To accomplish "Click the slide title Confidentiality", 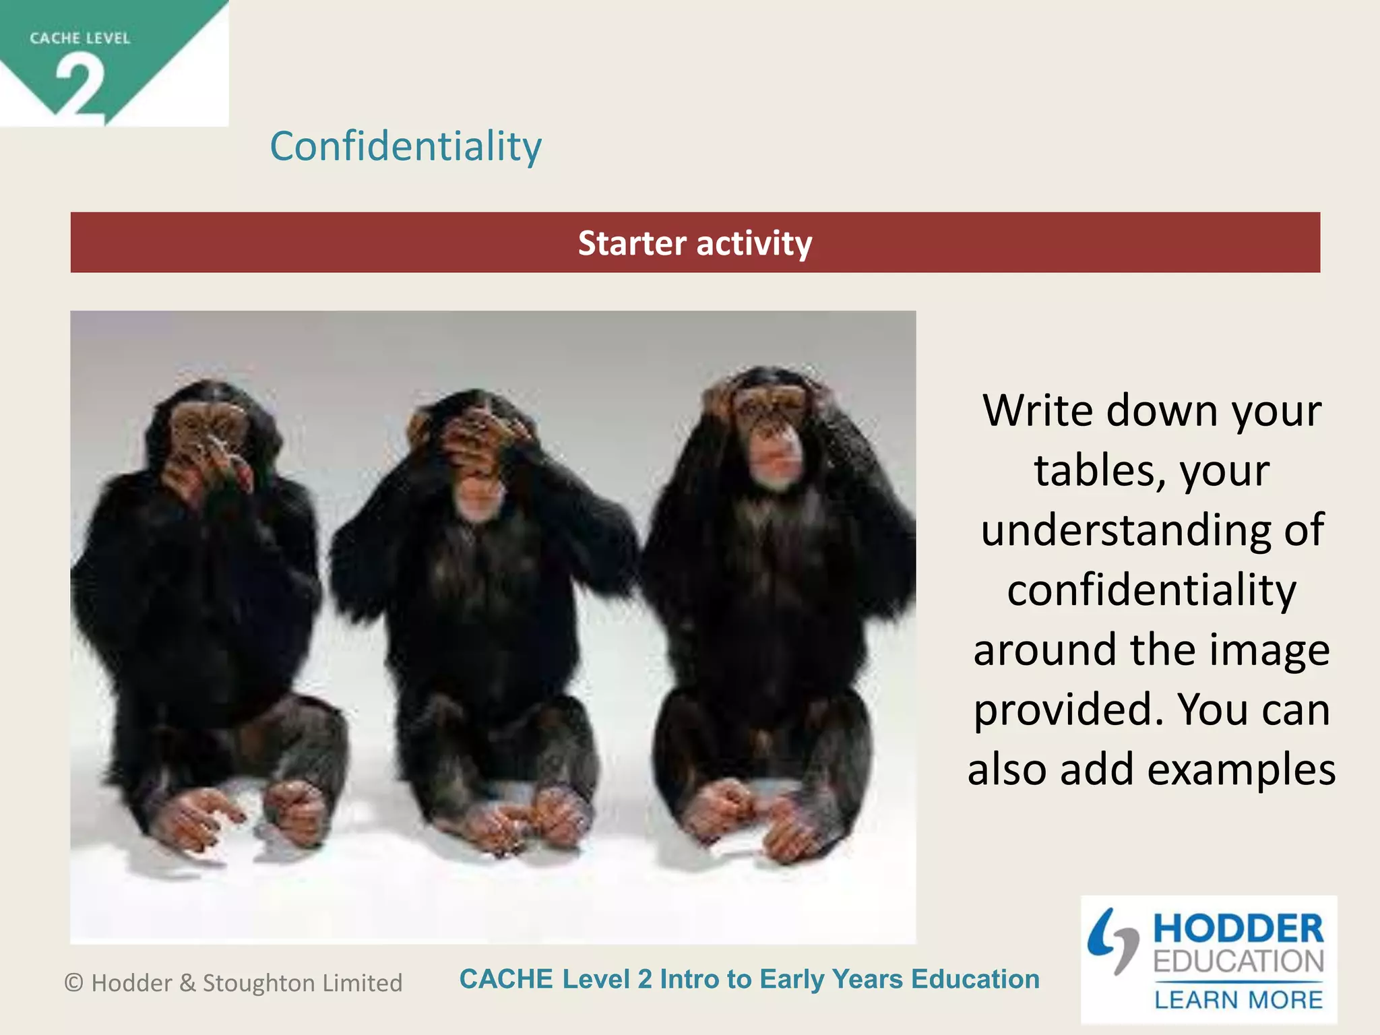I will [406, 146].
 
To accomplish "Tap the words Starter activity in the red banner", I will [695, 243].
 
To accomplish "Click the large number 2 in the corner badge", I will [80, 87].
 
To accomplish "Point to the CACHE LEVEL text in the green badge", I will [80, 38].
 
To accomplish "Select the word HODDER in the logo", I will [1238, 929].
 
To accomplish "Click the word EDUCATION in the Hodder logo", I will [1238, 961].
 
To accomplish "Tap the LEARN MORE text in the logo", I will [1238, 1000].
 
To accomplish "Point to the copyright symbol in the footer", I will [73, 983].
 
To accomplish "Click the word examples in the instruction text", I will [1241, 769].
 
